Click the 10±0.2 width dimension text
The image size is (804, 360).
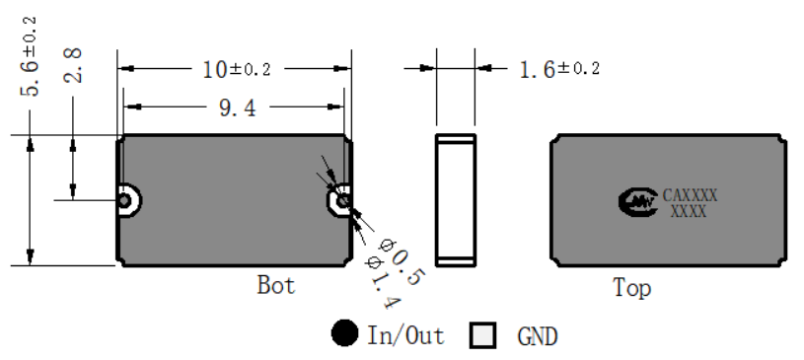(237, 69)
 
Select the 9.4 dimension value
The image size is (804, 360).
(237, 108)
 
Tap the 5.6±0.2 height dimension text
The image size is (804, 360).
(29, 56)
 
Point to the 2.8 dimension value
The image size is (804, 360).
(72, 65)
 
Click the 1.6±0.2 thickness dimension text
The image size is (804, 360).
(559, 69)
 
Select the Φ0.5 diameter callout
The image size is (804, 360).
(401, 261)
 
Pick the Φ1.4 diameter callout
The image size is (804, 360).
(382, 281)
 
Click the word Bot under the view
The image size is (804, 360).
(276, 285)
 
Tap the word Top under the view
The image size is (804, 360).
(631, 288)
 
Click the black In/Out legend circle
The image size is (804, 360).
(344, 333)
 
